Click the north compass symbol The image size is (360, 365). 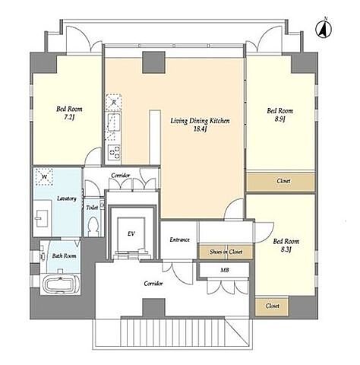point(324,29)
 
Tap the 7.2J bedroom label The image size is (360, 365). point(69,113)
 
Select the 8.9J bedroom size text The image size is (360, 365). point(280,119)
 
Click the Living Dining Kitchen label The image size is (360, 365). point(200,125)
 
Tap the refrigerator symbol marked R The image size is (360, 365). point(114,103)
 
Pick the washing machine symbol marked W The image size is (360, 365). point(44,176)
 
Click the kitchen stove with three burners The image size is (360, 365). point(114,152)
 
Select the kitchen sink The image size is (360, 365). point(114,123)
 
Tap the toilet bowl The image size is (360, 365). point(93,226)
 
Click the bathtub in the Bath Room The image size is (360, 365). point(61,284)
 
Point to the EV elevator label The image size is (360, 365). point(131,233)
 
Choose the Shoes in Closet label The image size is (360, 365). point(226,252)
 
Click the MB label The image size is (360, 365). point(225,270)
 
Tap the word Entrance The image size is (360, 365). point(179,240)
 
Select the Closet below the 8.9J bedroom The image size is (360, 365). point(281,182)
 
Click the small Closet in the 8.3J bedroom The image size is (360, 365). point(272,306)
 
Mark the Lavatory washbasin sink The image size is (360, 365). point(43,218)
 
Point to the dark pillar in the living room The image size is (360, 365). point(153,62)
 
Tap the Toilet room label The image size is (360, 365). point(92,208)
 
